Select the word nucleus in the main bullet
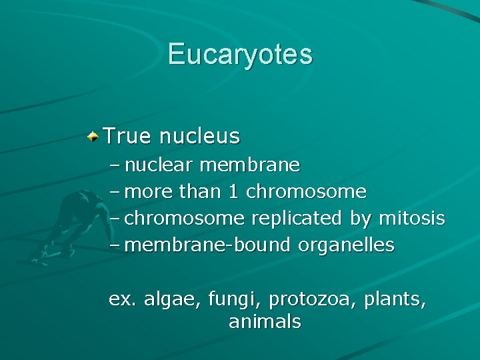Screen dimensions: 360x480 (199, 136)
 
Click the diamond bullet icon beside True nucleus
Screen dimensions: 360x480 (94, 136)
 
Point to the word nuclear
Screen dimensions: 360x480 (159, 164)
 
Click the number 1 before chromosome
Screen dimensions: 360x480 (233, 192)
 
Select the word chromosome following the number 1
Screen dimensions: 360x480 (306, 192)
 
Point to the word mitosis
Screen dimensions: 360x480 (411, 219)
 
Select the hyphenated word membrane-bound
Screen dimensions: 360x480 (207, 245)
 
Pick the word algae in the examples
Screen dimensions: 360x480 (167, 300)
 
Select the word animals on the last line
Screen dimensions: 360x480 (265, 322)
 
